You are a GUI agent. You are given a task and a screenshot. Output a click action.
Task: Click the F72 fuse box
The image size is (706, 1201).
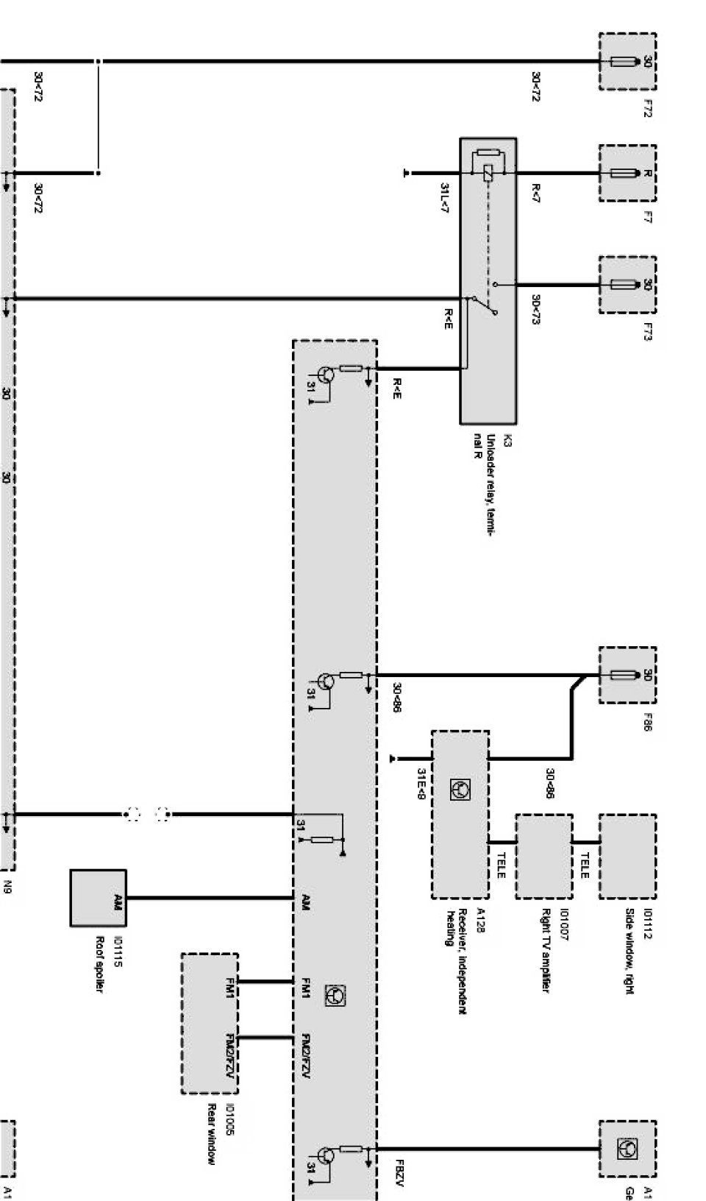click(627, 62)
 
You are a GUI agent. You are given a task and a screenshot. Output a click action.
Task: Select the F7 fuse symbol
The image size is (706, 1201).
click(627, 174)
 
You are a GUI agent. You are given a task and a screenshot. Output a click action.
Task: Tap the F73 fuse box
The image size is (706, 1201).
click(627, 285)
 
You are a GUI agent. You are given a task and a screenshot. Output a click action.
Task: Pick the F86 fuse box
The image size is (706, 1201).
click(627, 675)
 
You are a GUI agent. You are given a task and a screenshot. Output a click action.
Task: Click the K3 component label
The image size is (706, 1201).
click(507, 441)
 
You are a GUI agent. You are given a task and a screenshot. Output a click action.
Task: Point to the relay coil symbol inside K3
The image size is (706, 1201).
click(488, 174)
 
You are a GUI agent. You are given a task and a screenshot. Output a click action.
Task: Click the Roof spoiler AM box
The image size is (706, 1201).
click(99, 898)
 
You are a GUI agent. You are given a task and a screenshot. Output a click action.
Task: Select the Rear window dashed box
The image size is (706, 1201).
click(210, 1023)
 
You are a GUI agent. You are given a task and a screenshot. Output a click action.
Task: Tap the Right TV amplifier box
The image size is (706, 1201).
click(543, 856)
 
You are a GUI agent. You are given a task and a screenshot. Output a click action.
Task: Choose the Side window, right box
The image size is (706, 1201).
click(627, 856)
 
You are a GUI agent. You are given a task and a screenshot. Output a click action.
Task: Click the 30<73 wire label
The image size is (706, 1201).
click(535, 309)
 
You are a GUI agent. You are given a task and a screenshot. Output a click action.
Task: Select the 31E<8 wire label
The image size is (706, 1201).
click(421, 783)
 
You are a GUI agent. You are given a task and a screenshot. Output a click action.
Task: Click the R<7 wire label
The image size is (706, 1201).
click(535, 194)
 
